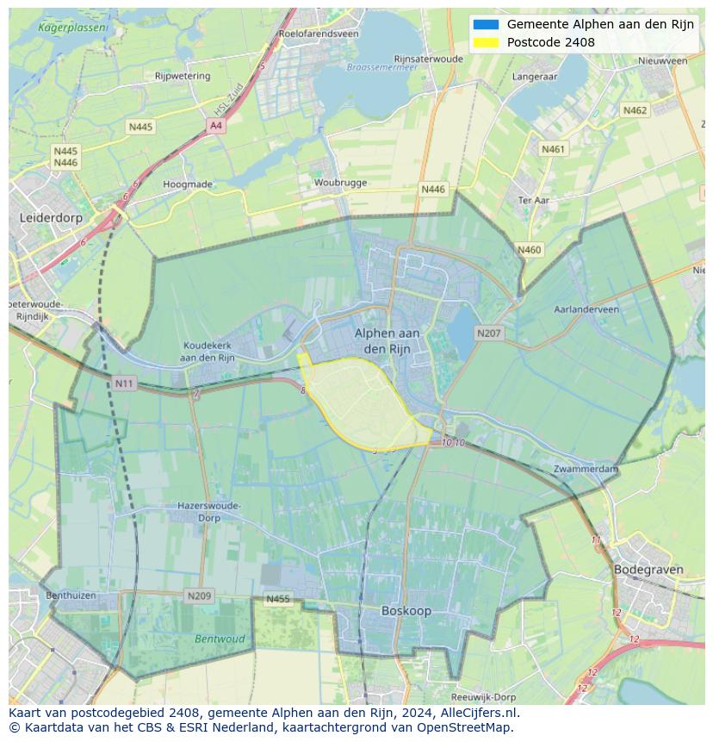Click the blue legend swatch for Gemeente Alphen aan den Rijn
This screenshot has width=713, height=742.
coord(486,24)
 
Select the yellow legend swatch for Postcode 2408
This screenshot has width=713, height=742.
coord(486,42)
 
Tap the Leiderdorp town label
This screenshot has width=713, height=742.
coord(51,218)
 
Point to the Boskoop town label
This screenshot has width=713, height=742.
coord(406,611)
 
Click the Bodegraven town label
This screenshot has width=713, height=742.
coord(648,570)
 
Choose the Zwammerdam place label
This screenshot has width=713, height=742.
coord(586,469)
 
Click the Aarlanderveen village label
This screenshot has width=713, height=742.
coord(586,309)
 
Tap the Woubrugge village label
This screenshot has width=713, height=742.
coord(340,183)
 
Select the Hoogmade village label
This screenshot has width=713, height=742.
coord(188,184)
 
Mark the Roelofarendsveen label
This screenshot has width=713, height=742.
coord(318,34)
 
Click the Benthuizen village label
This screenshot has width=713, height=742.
coord(71,595)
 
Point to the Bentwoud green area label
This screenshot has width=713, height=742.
coord(220,639)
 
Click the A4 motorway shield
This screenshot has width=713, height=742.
coord(215,126)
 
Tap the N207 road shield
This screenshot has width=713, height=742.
coord(488,334)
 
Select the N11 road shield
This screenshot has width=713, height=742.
coord(124,383)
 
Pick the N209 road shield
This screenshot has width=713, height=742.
coord(199,595)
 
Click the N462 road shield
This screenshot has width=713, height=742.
coord(635,110)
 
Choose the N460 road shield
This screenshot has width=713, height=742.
coord(530,250)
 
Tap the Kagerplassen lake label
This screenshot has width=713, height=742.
coord(72,28)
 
